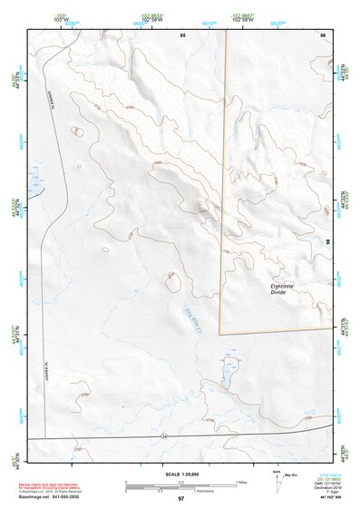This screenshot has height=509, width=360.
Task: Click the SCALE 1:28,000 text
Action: [x=180, y=475]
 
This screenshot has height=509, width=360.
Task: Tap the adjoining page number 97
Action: [x=180, y=499]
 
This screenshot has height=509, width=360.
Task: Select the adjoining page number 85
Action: [x=182, y=34]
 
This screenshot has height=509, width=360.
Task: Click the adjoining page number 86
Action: [x=322, y=34]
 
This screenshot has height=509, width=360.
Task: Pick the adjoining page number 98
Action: [x=327, y=243]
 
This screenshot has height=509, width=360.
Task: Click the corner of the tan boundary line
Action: [x=222, y=332]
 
